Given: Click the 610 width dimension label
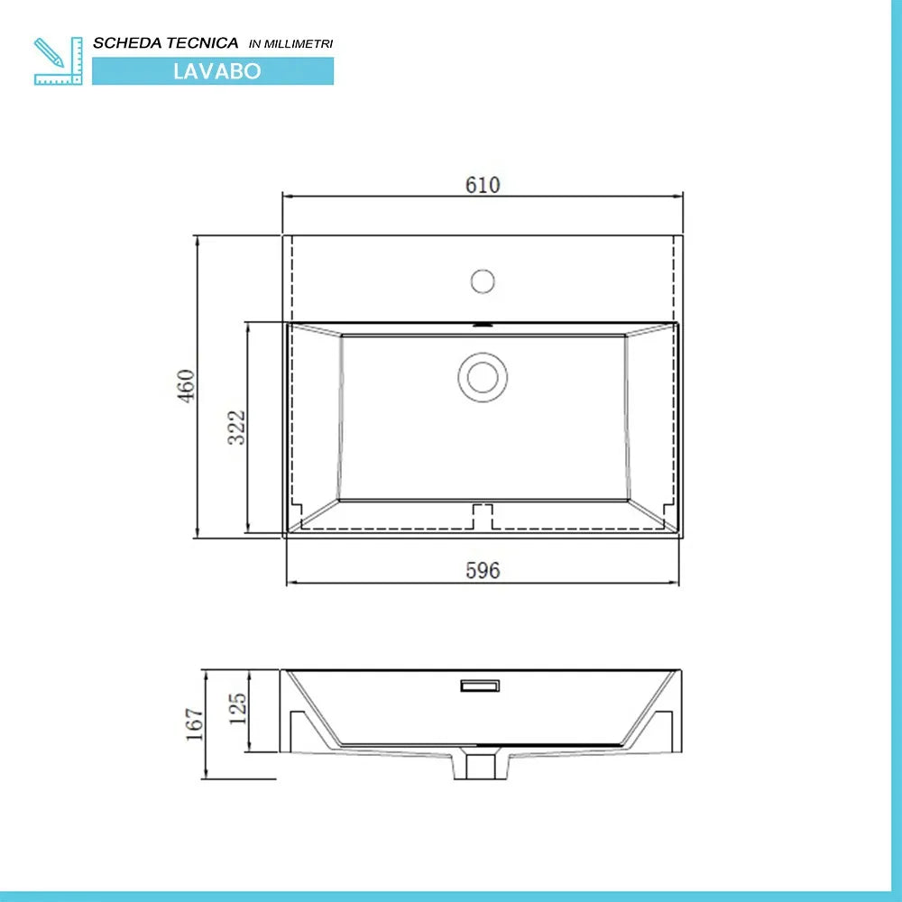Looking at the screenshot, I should click(x=483, y=185).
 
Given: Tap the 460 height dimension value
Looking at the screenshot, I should click(x=186, y=386).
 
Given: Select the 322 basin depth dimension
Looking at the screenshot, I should click(x=236, y=428).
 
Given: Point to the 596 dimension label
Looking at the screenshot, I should click(x=483, y=570).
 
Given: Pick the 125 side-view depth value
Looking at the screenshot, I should click(x=237, y=710).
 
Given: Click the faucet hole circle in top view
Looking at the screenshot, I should click(x=483, y=281).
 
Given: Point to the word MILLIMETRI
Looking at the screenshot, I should click(x=302, y=43).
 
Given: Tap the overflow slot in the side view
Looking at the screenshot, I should click(x=481, y=686).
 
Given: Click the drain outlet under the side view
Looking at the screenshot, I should click(x=480, y=766).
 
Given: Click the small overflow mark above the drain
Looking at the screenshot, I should click(x=483, y=323).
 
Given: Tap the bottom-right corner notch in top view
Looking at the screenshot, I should click(x=668, y=515).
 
